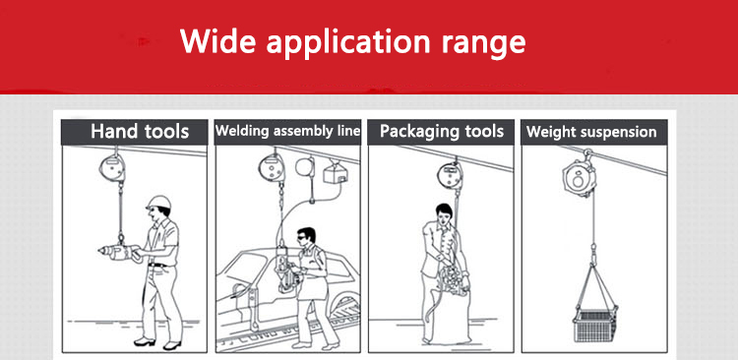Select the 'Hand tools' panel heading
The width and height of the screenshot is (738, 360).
click(x=140, y=131)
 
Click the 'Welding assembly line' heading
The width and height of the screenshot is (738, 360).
click(x=287, y=131)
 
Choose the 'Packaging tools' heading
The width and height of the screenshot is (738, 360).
click(x=442, y=131)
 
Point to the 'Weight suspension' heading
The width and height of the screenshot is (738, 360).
click(x=591, y=132)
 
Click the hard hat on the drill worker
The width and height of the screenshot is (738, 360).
click(x=158, y=203)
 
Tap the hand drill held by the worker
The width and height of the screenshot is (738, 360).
click(x=119, y=253)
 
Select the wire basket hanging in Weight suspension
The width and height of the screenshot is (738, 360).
click(x=595, y=325)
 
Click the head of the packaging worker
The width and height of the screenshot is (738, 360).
click(x=443, y=214)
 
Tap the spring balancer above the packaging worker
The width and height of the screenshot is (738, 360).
click(x=449, y=174)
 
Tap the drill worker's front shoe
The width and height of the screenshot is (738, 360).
click(x=144, y=341)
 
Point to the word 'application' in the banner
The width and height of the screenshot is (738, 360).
click(x=348, y=43)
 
